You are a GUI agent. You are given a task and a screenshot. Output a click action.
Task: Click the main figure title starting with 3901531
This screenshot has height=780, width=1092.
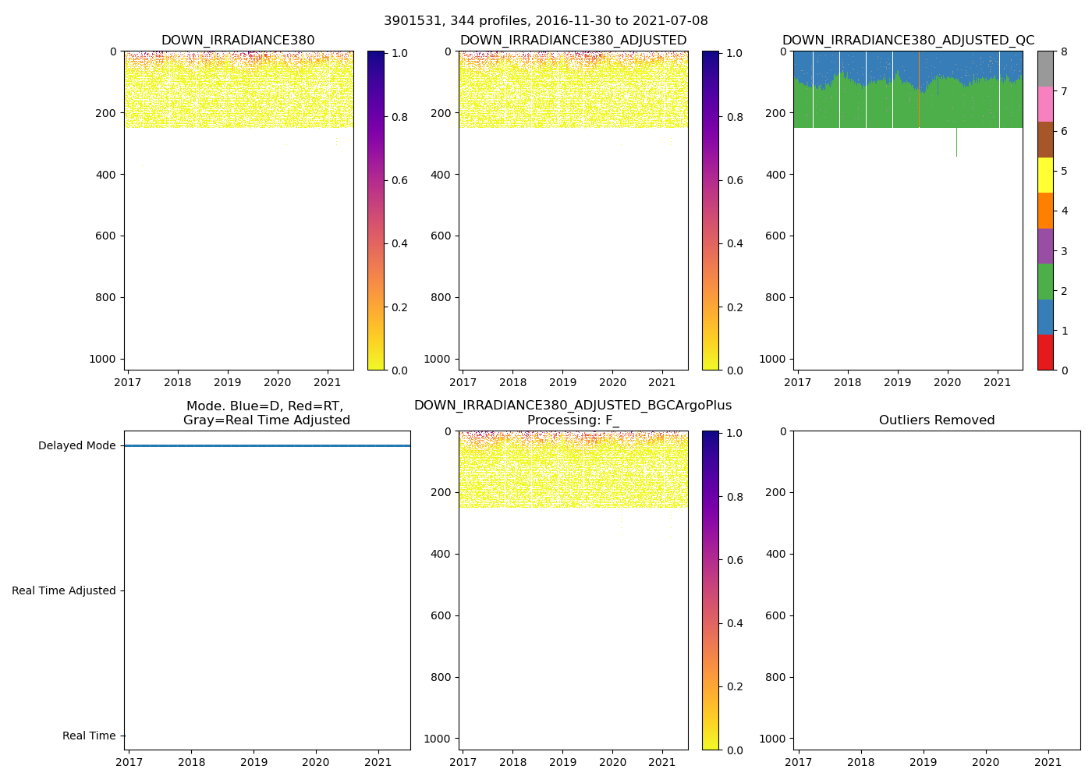[546, 21]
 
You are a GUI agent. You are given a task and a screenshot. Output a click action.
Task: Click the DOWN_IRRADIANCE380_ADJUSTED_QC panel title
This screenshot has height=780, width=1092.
[908, 41]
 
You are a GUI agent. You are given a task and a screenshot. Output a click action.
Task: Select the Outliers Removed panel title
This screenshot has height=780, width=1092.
[937, 420]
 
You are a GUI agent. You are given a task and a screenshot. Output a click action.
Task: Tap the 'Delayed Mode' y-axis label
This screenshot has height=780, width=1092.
[76, 446]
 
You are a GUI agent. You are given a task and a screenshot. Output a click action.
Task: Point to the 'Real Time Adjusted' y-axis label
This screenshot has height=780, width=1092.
[64, 591]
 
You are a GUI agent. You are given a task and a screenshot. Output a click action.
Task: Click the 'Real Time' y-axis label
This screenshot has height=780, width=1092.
[89, 736]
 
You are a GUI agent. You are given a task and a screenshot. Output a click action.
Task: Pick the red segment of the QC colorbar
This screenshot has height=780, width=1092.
[1045, 353]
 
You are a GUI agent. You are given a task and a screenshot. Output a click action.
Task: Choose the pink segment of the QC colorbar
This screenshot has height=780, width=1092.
[1045, 104]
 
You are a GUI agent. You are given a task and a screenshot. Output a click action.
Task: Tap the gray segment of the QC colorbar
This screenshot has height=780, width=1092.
[1045, 69]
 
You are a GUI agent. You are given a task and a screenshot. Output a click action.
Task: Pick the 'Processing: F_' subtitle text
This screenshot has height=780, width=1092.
[573, 420]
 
